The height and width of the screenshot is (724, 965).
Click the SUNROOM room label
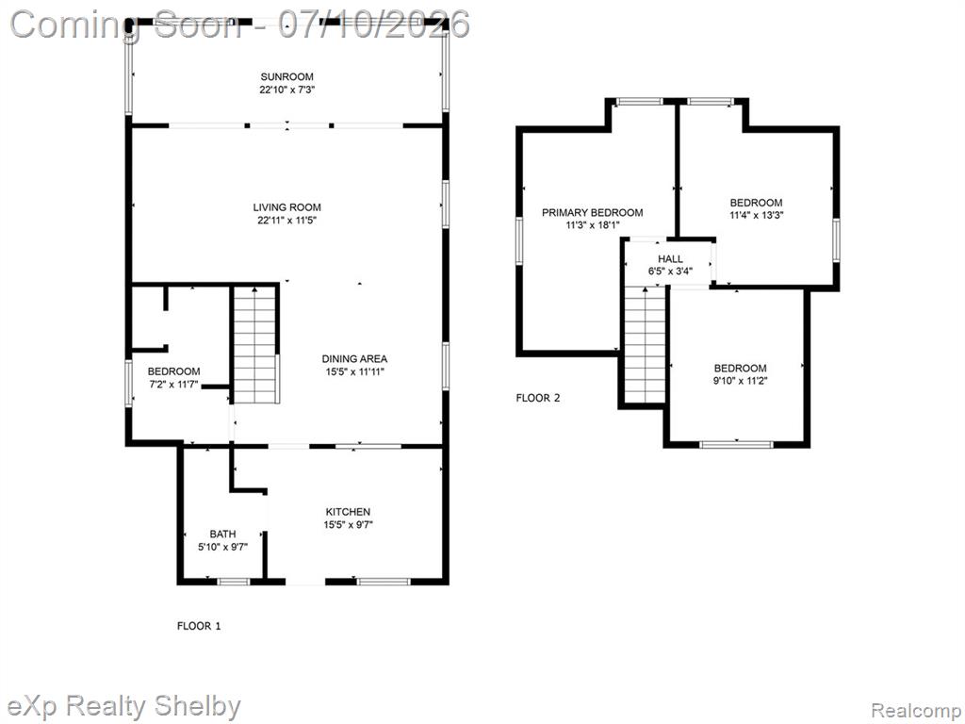pos(286,77)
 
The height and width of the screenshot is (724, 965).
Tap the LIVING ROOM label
pos(286,207)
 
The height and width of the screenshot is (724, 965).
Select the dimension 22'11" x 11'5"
pos(286,221)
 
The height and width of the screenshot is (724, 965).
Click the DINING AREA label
pos(354,359)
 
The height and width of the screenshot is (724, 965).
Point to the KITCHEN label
pos(348,512)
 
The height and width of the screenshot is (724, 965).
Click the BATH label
pos(222,534)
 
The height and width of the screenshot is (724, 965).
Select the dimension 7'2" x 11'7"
pos(173,385)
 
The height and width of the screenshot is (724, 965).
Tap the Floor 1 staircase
pos(254,345)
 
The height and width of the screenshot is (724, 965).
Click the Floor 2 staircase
pos(645,345)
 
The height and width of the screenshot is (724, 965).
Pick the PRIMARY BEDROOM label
pos(592,212)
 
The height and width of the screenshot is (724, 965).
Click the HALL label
pos(670,259)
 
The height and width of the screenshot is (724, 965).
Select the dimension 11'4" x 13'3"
pos(757,216)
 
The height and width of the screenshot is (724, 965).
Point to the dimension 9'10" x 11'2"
pos(741,381)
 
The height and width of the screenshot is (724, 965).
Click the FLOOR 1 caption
pos(199,626)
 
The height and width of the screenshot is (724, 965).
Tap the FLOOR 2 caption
pos(538,398)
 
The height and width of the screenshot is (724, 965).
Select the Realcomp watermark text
pos(914,711)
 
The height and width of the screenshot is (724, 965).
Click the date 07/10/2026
pos(374,25)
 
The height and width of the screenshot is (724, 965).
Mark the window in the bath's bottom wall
pos(234,581)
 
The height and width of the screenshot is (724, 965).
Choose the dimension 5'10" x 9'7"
pos(222,547)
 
